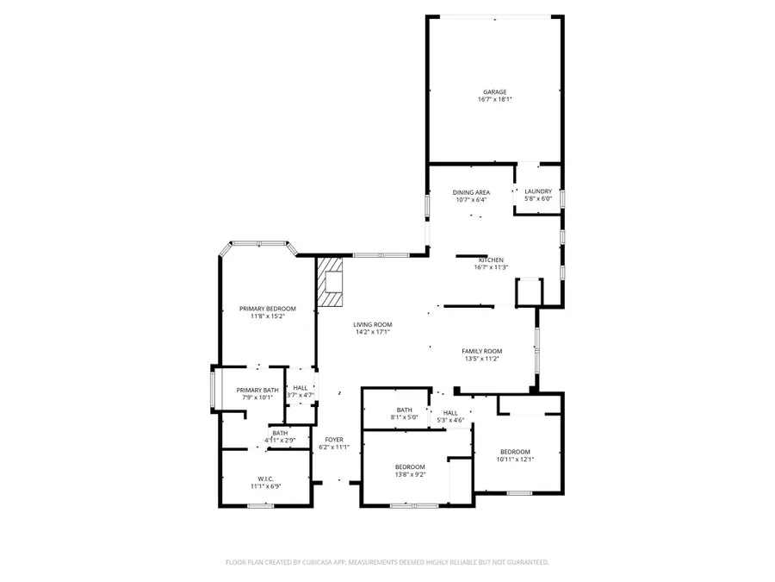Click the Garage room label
[494, 91]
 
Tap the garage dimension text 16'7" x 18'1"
[494, 100]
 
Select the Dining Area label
[471, 191]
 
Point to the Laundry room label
[538, 191]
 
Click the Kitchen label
[491, 260]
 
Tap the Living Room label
[372, 324]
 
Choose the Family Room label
[481, 351]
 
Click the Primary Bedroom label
[267, 309]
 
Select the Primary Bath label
[257, 390]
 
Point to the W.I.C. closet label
[265, 479]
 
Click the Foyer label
[334, 440]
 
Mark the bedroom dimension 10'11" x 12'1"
[515, 460]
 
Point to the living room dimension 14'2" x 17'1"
[372, 332]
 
